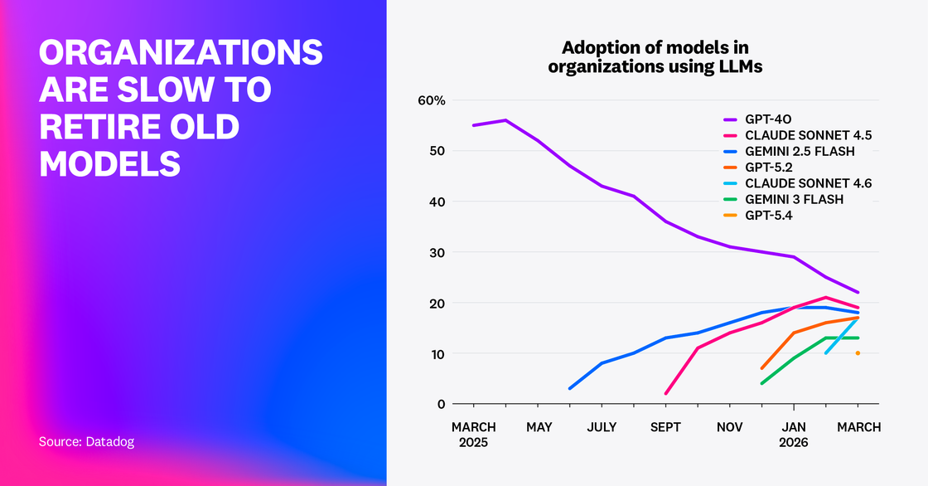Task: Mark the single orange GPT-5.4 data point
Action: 858,353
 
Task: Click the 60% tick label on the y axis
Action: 432,100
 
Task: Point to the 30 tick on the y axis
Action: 437,252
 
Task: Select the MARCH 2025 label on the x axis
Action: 473,435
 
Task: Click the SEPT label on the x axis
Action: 665,427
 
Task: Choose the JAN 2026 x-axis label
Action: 794,435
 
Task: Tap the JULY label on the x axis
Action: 602,427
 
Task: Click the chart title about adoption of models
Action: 655,56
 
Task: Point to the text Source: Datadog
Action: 86,442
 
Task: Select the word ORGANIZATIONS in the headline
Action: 181,53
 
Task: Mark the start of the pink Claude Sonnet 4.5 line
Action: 665,394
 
